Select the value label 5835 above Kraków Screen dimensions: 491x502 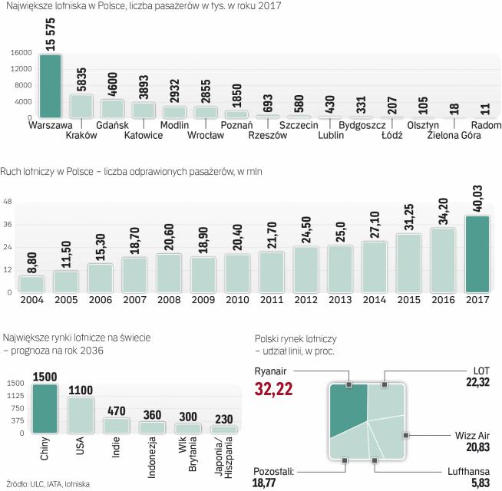pyautogui.click(x=81, y=79)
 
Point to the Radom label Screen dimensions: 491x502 pyautogui.click(x=486, y=124)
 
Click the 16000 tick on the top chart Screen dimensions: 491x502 pyautogui.click(x=20, y=54)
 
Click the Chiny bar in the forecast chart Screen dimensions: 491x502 pyautogui.click(x=45, y=409)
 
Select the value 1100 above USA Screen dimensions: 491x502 pyautogui.click(x=81, y=390)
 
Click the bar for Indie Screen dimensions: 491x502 pyautogui.click(x=116, y=426)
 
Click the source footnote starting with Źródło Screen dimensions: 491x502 pyautogui.click(x=45, y=484)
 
